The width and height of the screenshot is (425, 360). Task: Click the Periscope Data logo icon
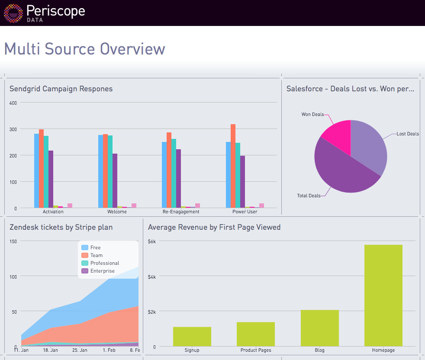click(x=13, y=13)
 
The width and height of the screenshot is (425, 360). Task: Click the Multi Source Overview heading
click(x=84, y=49)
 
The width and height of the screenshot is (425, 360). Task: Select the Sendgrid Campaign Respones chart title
click(x=61, y=89)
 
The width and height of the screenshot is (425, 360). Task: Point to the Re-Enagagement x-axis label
click(x=181, y=212)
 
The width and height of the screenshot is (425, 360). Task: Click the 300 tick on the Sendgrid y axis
click(x=13, y=129)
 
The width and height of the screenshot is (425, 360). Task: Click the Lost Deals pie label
click(x=408, y=134)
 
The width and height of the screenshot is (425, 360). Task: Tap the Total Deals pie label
click(x=309, y=196)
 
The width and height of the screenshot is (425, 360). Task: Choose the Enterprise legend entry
click(x=103, y=271)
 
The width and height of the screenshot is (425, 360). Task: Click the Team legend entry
click(x=97, y=255)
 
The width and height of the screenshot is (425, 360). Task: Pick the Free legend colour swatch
click(x=85, y=247)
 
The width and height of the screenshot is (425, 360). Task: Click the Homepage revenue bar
click(x=383, y=295)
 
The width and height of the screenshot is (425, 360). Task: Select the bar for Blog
click(x=319, y=328)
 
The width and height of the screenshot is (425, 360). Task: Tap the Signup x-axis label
click(x=192, y=350)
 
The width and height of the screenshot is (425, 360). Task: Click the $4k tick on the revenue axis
click(x=152, y=276)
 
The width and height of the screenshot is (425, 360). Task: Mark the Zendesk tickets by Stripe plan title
click(x=61, y=227)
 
